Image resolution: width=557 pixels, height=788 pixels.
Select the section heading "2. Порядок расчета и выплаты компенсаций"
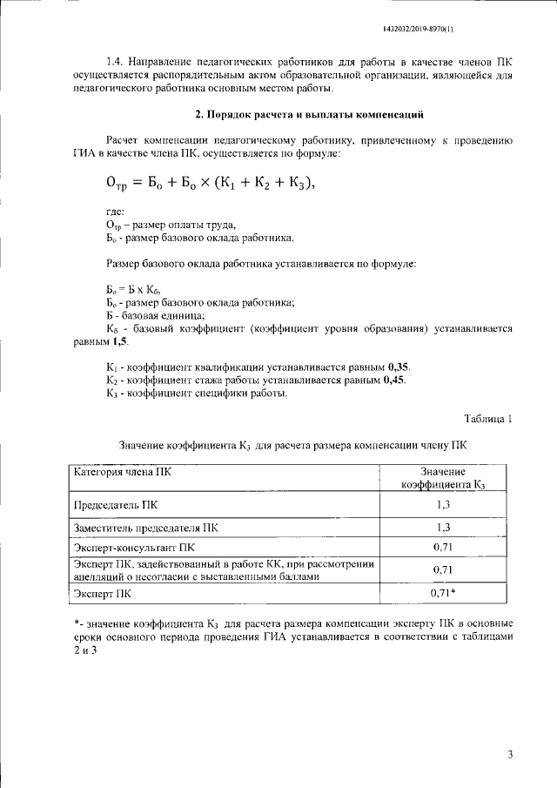(x=309, y=114)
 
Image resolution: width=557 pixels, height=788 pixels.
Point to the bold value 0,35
(x=399, y=367)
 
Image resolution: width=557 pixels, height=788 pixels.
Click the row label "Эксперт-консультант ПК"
(x=134, y=549)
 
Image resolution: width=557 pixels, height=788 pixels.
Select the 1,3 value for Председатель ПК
(x=442, y=504)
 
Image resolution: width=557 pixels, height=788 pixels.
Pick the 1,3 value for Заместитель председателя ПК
(x=442, y=527)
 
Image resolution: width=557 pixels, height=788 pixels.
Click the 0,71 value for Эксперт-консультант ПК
(x=443, y=549)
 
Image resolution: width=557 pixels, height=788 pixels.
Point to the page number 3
(x=511, y=754)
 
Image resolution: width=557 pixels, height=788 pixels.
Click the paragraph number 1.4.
(x=115, y=63)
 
